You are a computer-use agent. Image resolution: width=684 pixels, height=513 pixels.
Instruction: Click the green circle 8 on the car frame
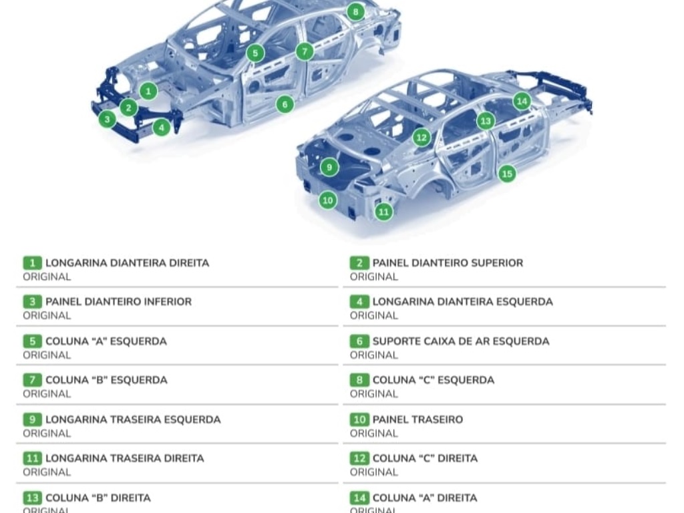[355, 12]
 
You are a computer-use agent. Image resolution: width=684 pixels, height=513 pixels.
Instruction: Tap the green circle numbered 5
[255, 53]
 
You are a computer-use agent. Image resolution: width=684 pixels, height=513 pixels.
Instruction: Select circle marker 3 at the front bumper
[108, 119]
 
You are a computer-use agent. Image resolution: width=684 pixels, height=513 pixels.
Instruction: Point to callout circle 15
[507, 174]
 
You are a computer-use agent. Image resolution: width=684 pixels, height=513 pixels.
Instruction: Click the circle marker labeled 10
[327, 200]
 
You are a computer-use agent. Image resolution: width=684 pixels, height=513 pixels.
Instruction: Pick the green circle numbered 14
[522, 102]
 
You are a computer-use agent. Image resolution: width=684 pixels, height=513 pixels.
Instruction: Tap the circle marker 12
[421, 138]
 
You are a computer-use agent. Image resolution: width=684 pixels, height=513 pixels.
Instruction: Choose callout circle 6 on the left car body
[285, 104]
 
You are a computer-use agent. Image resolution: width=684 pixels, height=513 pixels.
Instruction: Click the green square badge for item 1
[32, 263]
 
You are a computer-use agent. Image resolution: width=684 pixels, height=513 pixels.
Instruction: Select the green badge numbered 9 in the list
[32, 419]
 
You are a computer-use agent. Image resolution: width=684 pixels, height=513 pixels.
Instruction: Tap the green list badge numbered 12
[359, 458]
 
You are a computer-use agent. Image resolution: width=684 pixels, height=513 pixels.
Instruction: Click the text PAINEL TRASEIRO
[417, 419]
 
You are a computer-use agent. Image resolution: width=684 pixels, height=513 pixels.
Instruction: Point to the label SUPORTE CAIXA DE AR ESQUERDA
[461, 341]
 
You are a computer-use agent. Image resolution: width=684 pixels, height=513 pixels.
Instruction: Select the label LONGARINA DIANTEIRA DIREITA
[128, 263]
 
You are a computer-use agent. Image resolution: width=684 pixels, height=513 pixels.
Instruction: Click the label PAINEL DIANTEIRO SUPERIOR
[448, 263]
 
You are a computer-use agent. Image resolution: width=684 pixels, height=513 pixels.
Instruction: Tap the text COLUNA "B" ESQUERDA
[106, 380]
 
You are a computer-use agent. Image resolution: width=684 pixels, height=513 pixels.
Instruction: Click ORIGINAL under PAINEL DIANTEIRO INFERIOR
[47, 316]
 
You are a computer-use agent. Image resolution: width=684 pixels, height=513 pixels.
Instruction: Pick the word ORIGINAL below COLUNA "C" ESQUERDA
[374, 394]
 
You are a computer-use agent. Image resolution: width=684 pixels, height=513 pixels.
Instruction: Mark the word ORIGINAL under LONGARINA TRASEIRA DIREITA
[47, 472]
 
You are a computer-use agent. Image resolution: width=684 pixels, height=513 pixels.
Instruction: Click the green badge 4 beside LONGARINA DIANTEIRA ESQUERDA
[359, 302]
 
